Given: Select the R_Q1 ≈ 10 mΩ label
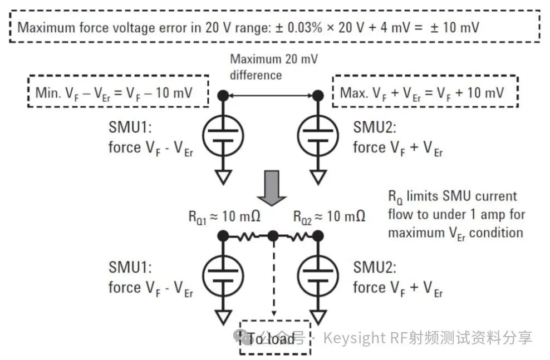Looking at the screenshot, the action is point(224,216).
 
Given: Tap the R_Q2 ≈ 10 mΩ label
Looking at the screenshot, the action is point(329,216).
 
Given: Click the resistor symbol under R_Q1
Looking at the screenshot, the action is point(248,236).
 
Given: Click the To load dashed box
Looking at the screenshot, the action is point(276,338).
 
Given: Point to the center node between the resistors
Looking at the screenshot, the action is point(273,236).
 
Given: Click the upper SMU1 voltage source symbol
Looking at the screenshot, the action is point(223,136).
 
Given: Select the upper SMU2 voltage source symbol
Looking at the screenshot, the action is point(318,136).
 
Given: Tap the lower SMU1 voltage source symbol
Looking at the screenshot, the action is point(223,276).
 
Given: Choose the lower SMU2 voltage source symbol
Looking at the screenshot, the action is point(318,276).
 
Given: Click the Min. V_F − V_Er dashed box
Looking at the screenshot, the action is point(119,91).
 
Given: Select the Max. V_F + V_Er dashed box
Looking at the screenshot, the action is point(425,91).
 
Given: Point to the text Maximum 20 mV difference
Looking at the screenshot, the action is point(274,67).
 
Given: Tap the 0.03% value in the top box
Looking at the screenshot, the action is point(305,27).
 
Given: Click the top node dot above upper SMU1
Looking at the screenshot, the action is point(223,95).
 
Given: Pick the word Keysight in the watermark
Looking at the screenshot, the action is point(354,339).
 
